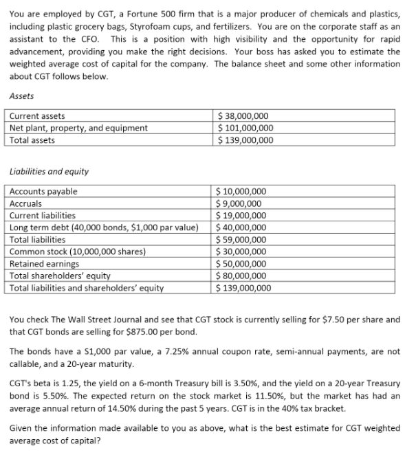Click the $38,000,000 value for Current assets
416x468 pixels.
[x=243, y=116]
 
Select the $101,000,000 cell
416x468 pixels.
[x=245, y=128]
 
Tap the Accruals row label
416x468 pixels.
[x=26, y=203]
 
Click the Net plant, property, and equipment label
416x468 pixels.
[x=78, y=128]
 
